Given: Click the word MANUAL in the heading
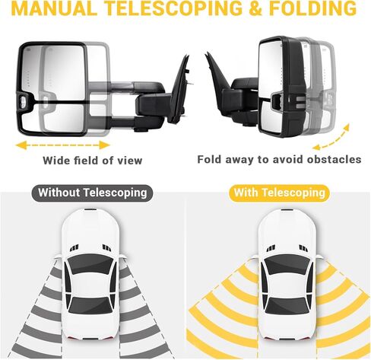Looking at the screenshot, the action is tap(52, 8).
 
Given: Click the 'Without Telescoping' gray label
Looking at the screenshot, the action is tap(93, 193).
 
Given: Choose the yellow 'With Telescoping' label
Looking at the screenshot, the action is tap(279, 193).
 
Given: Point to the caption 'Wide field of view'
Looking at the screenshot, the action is tap(92, 161).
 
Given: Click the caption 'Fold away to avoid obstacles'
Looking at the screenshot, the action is tap(279, 160).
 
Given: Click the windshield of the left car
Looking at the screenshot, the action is tap(90, 263).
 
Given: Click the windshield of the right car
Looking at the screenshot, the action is tap(287, 264).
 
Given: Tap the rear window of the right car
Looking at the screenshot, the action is tap(287, 306).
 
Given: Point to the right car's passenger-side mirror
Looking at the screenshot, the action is tap(320, 257).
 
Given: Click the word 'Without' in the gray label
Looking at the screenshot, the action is tap(59, 193).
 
